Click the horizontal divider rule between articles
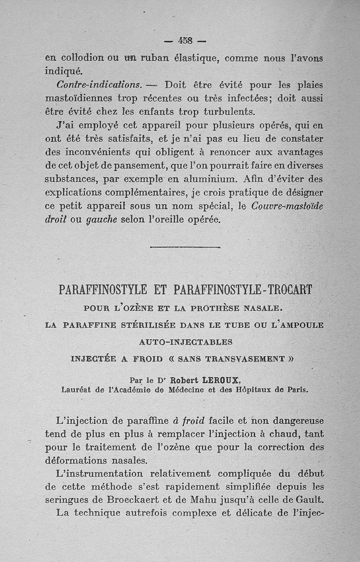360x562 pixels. pyautogui.click(x=185, y=247)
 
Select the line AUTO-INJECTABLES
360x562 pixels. pyautogui.click(x=186, y=342)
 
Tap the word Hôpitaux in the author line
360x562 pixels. pyautogui.click(x=253, y=390)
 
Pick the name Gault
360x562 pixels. pyautogui.click(x=308, y=499)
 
